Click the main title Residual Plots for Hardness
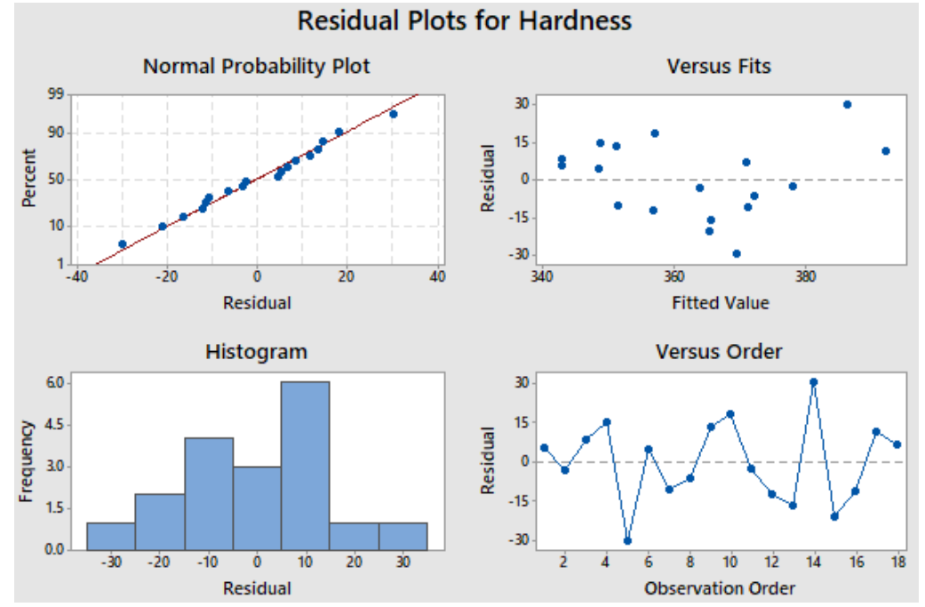pos(464,21)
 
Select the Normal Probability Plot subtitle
pos(257,66)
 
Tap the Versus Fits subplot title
pos(719,66)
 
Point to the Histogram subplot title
pos(257,352)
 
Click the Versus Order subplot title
pos(719,352)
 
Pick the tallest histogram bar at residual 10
pos(305,466)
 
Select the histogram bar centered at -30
pos(111,536)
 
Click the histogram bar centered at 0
pos(257,508)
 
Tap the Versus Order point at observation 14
pos(814,382)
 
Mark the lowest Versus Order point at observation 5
pos(627,541)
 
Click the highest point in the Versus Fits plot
pos(847,104)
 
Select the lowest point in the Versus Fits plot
pos(737,253)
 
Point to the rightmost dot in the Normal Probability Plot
pos(394,114)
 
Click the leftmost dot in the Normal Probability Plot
pos(122,244)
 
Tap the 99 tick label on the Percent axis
pos(56,93)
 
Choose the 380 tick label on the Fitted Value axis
pos(805,276)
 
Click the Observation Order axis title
pos(720,588)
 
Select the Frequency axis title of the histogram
pos(27,461)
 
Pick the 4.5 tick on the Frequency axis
pos(55,425)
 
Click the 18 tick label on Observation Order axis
pos(897,562)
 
